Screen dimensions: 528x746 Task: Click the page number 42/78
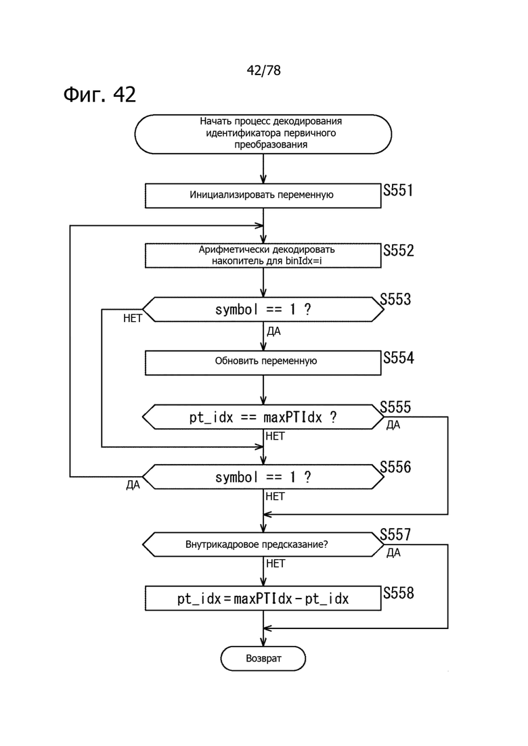point(263,70)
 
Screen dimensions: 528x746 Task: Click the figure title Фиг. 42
point(100,94)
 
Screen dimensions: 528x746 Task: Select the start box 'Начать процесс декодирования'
point(263,134)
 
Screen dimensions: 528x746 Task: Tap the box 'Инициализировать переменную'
point(263,195)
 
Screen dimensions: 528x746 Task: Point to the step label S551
point(398,190)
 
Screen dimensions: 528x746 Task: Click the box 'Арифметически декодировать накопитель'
point(263,256)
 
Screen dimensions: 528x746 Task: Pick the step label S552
point(399,250)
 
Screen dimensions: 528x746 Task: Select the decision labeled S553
point(263,310)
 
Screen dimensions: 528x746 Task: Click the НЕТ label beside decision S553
point(133,319)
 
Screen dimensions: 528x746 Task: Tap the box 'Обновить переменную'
point(263,363)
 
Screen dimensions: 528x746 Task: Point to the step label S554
point(399,358)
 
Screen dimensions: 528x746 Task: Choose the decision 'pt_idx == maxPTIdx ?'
point(263,417)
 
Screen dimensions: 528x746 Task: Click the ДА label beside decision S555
point(393,425)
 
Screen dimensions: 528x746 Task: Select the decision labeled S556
point(263,477)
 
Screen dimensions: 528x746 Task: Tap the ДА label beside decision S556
point(133,485)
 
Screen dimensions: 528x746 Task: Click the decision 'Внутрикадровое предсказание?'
point(263,544)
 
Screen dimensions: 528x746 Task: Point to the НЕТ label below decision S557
point(276,564)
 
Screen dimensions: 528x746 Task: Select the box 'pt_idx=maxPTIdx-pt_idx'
point(263,599)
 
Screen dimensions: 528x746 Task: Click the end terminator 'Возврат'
point(263,659)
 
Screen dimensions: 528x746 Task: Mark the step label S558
point(399,593)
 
